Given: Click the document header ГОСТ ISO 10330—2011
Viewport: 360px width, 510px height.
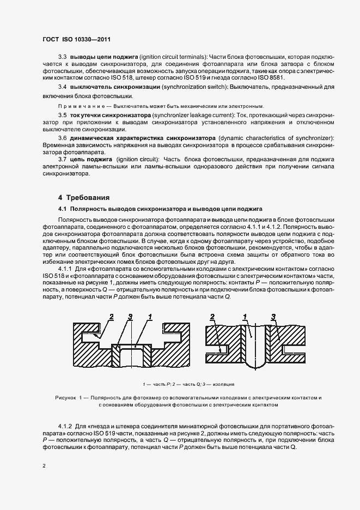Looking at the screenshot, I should pos(77,40).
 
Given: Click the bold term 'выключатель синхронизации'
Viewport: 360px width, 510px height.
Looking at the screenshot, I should pos(112,87).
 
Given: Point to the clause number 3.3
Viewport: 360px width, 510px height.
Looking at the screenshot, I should pos(62,57).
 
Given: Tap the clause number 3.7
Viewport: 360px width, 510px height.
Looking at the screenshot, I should pos(62,159).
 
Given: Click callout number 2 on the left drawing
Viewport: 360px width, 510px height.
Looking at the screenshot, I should pos(111,317).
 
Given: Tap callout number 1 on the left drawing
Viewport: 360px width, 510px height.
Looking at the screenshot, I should pos(149,317).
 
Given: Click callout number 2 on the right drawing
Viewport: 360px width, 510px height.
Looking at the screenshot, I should pos(213,317).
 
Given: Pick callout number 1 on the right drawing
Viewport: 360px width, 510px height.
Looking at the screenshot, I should pos(246,317).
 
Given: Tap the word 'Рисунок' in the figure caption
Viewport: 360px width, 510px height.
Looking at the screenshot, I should pos(67,398).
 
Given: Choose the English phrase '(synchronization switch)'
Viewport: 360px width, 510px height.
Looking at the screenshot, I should pos(194,87).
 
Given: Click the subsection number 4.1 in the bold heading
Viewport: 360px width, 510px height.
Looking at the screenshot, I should pos(63,209).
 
